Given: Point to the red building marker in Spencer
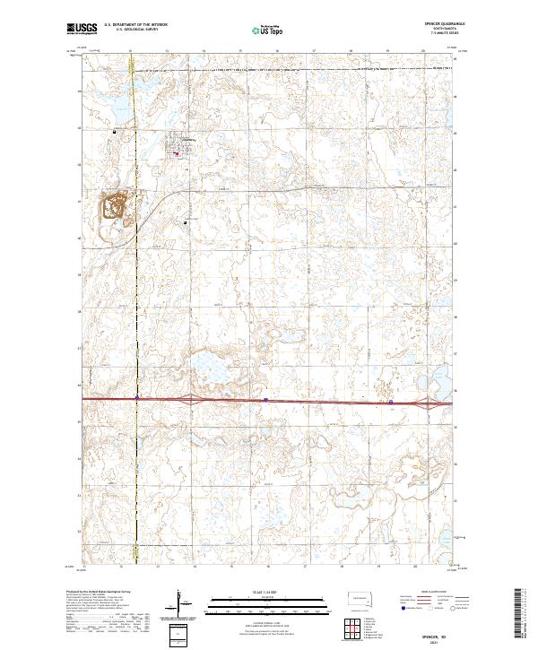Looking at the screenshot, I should pos(177,152).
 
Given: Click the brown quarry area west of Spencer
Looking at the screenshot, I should pos(114,208).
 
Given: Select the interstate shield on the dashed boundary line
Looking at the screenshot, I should pos(136,397).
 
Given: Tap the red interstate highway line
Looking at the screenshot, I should pos(314,401).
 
